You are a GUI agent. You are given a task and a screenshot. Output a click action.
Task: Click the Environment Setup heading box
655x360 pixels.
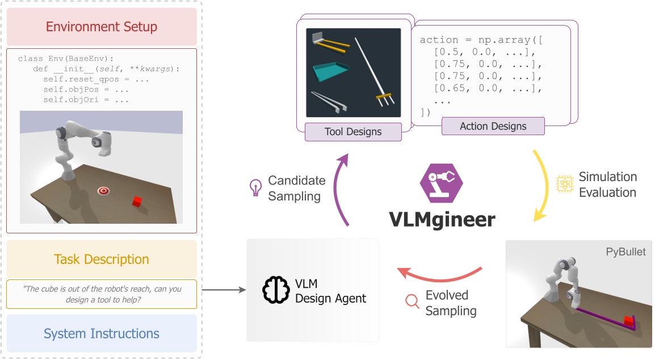102,27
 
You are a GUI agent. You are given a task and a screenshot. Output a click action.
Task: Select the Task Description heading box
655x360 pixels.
102,259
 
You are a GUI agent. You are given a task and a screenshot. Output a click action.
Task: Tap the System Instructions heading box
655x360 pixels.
102,333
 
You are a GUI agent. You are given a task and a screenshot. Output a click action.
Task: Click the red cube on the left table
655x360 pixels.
137,201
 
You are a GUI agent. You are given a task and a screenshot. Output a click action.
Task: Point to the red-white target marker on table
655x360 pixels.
103,191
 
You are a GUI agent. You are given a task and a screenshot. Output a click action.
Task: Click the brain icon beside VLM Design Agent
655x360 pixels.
275,290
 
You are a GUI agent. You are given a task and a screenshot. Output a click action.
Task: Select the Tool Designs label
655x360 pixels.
353,132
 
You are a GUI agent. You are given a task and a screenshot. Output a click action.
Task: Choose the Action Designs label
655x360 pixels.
493,126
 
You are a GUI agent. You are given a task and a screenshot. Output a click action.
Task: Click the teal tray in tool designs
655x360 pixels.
332,72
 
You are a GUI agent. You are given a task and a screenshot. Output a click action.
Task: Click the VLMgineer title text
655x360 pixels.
441,219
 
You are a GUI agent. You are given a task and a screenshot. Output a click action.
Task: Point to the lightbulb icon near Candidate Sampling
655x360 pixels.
255,187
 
